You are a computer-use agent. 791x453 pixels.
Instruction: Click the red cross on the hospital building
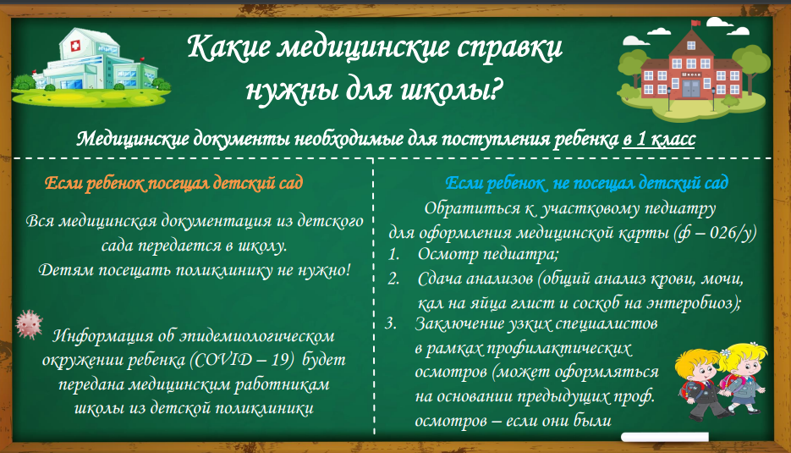click(x=75, y=46)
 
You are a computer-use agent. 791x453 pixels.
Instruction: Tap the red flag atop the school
click(x=695, y=23)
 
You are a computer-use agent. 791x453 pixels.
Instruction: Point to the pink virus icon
click(x=29, y=324)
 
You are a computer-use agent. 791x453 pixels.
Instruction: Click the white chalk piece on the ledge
click(x=664, y=437)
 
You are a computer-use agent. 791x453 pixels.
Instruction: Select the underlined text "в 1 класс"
click(x=659, y=139)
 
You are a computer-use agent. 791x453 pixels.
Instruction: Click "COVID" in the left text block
click(x=223, y=359)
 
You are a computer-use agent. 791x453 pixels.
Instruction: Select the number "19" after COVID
click(x=282, y=359)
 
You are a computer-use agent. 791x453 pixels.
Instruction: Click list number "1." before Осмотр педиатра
click(x=393, y=254)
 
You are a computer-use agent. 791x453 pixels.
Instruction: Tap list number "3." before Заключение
click(x=391, y=323)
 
